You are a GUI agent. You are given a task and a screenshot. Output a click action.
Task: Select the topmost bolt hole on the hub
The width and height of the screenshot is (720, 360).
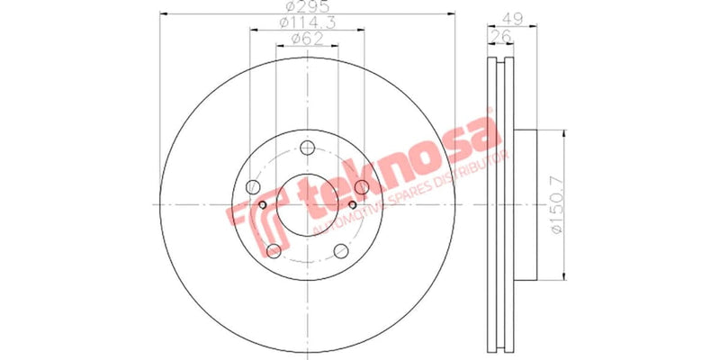tap(307, 148)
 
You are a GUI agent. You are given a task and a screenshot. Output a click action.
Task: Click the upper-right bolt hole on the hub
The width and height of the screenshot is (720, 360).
tap(362, 187)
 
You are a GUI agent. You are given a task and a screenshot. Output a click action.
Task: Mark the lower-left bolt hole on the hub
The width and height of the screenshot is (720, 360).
tap(273, 251)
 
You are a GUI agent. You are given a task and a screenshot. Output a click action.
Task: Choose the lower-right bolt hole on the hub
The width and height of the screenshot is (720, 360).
tap(341, 251)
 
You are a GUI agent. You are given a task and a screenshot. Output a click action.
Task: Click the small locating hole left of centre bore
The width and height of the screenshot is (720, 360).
tap(263, 205)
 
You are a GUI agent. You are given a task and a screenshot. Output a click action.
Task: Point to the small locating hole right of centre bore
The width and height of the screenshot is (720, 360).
tap(352, 205)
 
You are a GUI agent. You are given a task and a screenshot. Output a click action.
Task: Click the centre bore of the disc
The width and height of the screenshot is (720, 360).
tap(307, 205)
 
